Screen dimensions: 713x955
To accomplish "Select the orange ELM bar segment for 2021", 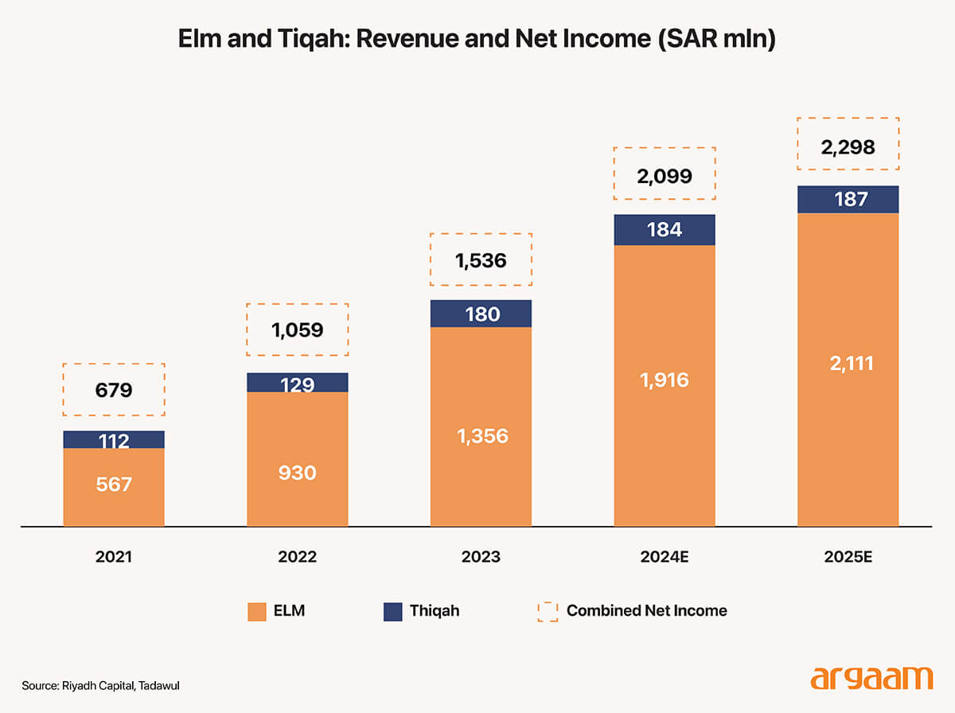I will coord(114,486).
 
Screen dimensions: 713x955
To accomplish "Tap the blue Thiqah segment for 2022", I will coord(297,383).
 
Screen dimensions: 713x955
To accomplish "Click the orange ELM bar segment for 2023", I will coord(481,426).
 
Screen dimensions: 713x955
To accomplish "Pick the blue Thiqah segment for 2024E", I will coord(665,230).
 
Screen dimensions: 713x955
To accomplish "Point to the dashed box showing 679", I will coord(114,390).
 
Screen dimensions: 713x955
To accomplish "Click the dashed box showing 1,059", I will coord(297,329).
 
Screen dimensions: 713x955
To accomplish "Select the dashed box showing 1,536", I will coord(481,260).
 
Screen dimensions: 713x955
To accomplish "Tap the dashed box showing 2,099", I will coord(665,173).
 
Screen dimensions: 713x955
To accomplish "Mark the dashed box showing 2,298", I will coord(848,144).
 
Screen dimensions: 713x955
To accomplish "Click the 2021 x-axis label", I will coord(114,557).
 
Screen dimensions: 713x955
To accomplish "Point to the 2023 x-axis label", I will coord(481,557).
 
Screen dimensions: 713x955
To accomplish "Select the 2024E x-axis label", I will coord(665,557).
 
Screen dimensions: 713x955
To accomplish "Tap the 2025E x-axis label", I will coord(848,557).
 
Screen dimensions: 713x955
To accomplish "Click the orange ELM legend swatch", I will coord(257,611).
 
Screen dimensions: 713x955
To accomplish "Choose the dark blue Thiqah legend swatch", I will coord(393,611).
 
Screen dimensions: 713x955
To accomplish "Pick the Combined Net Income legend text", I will coord(646,611).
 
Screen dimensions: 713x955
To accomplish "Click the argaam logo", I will coord(871,679).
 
